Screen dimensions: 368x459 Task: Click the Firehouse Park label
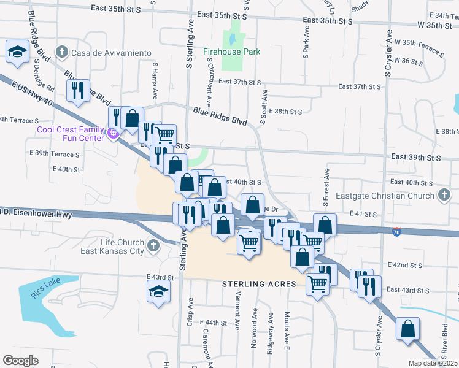232,52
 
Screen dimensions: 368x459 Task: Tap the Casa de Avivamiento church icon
61,53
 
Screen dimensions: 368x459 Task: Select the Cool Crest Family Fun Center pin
112,134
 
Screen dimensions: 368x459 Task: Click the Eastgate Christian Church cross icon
444,196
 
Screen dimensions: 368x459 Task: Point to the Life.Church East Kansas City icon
153,247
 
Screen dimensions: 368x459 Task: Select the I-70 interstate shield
398,231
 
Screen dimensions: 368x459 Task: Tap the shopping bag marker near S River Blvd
407,329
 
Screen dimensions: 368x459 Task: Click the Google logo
20,360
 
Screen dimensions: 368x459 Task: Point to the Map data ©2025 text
433,363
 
